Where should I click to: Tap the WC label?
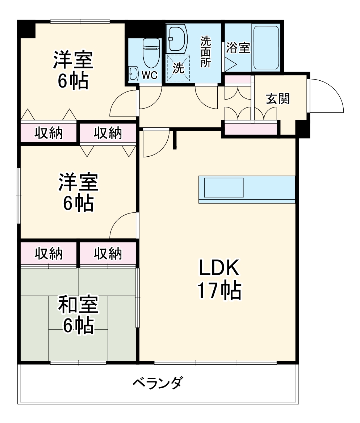point(149,75)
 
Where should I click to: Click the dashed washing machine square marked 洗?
point(178,68)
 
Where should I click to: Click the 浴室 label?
point(238,48)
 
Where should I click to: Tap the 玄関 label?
point(278,99)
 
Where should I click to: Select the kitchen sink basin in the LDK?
point(224,187)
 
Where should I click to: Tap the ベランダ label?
point(158,382)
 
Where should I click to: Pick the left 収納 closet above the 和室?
point(49,254)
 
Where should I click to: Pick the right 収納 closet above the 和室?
point(108,254)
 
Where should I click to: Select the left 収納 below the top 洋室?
point(49,134)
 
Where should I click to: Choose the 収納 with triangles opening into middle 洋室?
point(108,134)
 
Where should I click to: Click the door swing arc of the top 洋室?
point(123,104)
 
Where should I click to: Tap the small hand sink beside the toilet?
point(133,74)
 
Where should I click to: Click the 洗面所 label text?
point(206,51)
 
